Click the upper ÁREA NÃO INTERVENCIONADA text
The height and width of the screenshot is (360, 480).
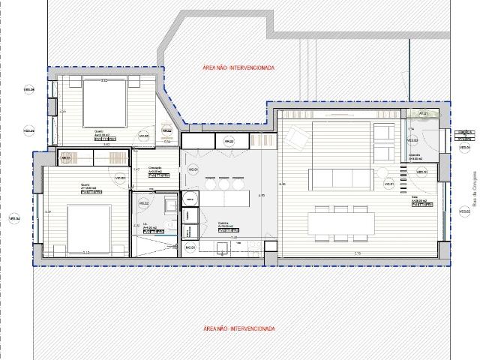click(x=238, y=67)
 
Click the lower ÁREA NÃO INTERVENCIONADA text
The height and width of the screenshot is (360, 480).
click(x=238, y=328)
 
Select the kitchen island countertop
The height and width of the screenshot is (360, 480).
click(x=225, y=199)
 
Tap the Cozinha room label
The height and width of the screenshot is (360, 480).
click(x=223, y=223)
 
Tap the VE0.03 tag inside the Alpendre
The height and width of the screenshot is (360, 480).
click(x=412, y=139)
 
